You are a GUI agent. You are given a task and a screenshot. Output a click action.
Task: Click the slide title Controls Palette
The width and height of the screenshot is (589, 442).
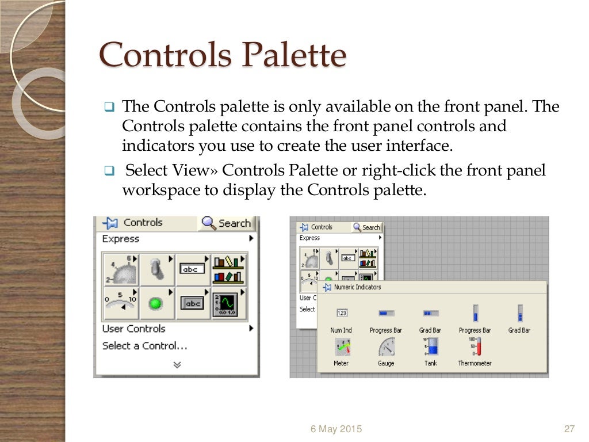tap(223, 55)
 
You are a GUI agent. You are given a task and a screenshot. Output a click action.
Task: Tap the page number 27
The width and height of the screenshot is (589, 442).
tap(569, 429)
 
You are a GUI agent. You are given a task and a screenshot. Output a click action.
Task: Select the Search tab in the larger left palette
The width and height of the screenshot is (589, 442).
tap(228, 223)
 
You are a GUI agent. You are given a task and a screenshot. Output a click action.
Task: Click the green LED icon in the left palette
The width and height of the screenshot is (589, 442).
tap(155, 303)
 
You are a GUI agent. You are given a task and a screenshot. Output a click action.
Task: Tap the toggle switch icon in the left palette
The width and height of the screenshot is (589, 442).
tap(156, 269)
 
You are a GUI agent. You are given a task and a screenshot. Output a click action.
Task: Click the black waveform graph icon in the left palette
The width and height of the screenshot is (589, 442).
tap(228, 303)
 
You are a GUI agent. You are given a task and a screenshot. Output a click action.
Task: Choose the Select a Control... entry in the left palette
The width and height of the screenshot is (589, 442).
tap(144, 346)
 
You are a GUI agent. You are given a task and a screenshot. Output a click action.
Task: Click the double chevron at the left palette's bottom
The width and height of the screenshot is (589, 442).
tap(177, 364)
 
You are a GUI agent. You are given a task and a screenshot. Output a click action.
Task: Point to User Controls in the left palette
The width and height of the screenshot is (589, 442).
tap(133, 329)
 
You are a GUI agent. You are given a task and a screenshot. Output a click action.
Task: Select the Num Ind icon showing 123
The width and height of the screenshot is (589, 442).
tap(341, 314)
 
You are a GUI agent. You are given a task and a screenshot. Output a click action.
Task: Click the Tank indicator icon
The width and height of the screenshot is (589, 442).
tap(431, 346)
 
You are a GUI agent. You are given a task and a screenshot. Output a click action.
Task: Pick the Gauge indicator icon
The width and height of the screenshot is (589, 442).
tap(386, 347)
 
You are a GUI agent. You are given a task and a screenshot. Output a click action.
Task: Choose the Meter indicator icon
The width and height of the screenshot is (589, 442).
tap(341, 347)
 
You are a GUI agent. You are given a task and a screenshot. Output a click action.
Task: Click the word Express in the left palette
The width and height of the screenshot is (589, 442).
tap(120, 239)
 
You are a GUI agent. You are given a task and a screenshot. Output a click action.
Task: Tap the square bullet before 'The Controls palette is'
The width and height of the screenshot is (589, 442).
tap(109, 107)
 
